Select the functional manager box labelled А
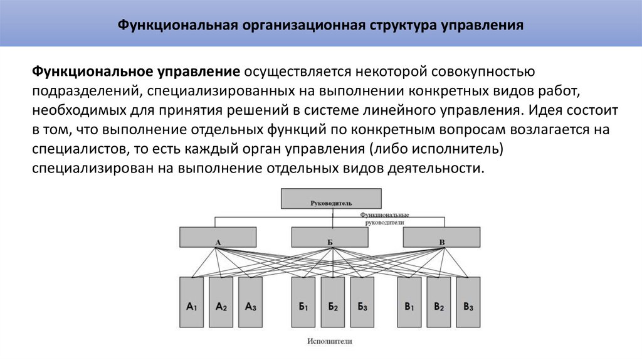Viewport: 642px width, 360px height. (x=218, y=236)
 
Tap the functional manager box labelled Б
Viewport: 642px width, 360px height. (x=329, y=236)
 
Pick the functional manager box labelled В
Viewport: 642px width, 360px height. (x=441, y=236)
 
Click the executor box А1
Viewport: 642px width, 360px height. (x=191, y=302)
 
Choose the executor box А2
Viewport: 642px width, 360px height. (x=221, y=302)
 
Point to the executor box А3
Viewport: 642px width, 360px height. (x=250, y=302)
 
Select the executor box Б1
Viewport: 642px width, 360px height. (x=303, y=302)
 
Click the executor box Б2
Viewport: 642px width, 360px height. (x=332, y=302)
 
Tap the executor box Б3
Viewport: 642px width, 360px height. (x=362, y=302)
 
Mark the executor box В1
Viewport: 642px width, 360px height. (x=409, y=302)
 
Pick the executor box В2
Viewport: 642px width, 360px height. (x=439, y=302)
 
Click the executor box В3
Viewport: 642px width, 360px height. (x=468, y=302)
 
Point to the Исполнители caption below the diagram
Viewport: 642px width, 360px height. (x=330, y=342)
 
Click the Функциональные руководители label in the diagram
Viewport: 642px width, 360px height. (x=384, y=218)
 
